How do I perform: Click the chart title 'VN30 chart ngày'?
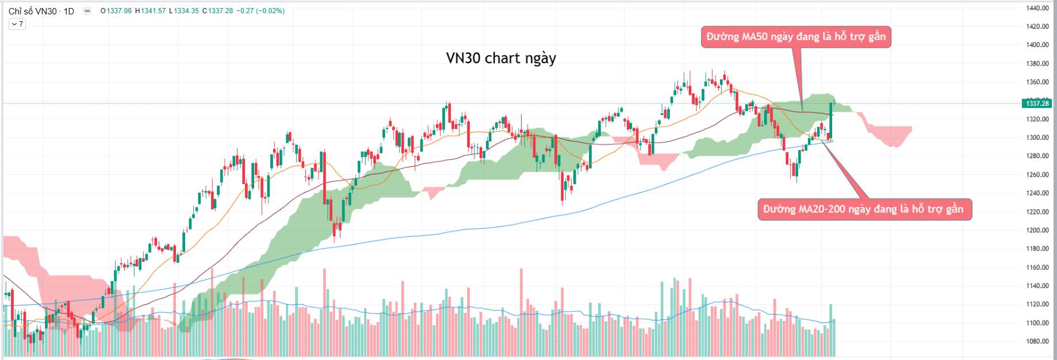pyautogui.click(x=501, y=58)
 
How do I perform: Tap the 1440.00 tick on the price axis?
pyautogui.click(x=1037, y=8)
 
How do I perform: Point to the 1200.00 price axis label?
pyautogui.click(x=1037, y=230)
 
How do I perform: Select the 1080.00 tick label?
pyautogui.click(x=1037, y=341)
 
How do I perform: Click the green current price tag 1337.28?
pyautogui.click(x=1037, y=104)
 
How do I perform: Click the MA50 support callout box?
pyautogui.click(x=795, y=37)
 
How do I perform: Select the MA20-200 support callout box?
pyautogui.click(x=864, y=209)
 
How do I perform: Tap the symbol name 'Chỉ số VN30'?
pyautogui.click(x=33, y=11)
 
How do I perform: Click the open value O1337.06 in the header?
pyautogui.click(x=116, y=11)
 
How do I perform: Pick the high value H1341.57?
pyautogui.click(x=150, y=11)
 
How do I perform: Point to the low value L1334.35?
pyautogui.click(x=184, y=11)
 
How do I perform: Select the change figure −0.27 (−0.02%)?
pyautogui.click(x=261, y=11)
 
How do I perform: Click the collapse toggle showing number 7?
pyautogui.click(x=17, y=24)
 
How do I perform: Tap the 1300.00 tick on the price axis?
pyautogui.click(x=1037, y=137)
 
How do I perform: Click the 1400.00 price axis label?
pyautogui.click(x=1037, y=45)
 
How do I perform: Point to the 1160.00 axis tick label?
pyautogui.click(x=1037, y=267)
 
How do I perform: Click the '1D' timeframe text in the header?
pyautogui.click(x=68, y=11)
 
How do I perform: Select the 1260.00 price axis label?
pyautogui.click(x=1037, y=175)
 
